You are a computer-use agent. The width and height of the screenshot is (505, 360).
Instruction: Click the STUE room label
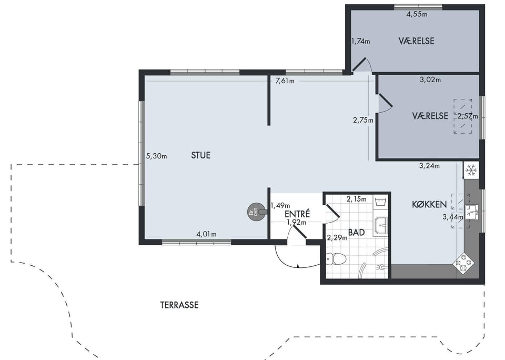(200, 155)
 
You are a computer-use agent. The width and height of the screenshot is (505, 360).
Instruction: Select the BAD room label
(357, 232)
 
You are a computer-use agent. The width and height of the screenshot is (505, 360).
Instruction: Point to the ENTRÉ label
(297, 214)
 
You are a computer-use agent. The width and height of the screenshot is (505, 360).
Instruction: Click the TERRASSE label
(179, 305)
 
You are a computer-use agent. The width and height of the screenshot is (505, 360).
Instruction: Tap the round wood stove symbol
(255, 212)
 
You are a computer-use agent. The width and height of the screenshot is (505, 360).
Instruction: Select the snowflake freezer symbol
(471, 170)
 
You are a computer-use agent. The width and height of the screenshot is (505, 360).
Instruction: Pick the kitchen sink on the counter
(472, 212)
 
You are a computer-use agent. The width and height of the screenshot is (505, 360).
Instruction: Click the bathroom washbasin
(382, 226)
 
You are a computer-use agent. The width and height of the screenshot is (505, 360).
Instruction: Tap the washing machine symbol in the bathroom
(381, 202)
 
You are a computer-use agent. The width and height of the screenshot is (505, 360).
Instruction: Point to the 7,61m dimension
(285, 81)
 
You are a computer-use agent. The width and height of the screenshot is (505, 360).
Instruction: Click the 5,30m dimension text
(157, 156)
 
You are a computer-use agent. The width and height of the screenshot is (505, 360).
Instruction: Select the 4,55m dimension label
(417, 14)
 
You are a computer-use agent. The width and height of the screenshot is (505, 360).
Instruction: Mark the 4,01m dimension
(206, 234)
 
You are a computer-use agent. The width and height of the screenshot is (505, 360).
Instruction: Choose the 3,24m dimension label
(429, 166)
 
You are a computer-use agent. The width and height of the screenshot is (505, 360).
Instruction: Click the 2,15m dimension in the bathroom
(356, 199)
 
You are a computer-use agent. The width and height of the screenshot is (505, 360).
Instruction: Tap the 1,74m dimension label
(361, 41)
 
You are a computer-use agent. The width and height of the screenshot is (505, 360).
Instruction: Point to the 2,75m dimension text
(363, 120)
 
